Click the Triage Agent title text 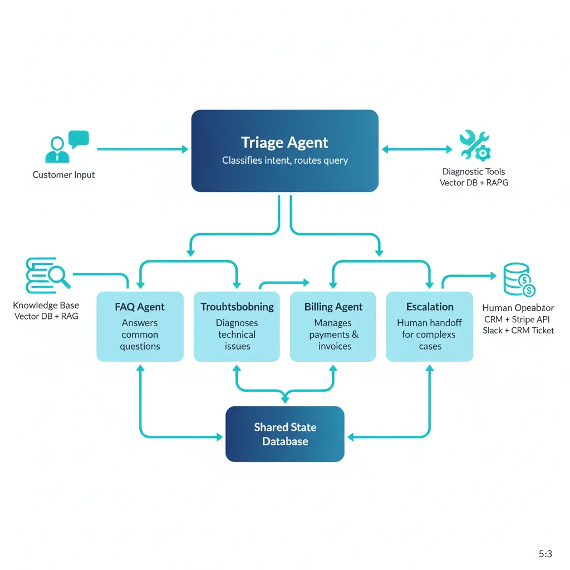click(284, 142)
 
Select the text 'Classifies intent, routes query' click(284, 160)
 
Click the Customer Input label click(63, 175)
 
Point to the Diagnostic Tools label click(474, 172)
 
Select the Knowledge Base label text click(46, 305)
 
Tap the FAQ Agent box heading click(140, 307)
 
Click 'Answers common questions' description click(140, 335)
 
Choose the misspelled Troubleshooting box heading click(237, 307)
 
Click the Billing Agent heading click(333, 307)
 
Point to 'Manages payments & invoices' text click(334, 335)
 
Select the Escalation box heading click(430, 307)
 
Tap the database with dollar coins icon click(518, 280)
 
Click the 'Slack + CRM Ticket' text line click(518, 331)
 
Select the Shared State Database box click(284, 434)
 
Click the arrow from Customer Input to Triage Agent click(142, 149)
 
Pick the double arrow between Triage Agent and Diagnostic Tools click(417, 149)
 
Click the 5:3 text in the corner click(545, 554)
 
